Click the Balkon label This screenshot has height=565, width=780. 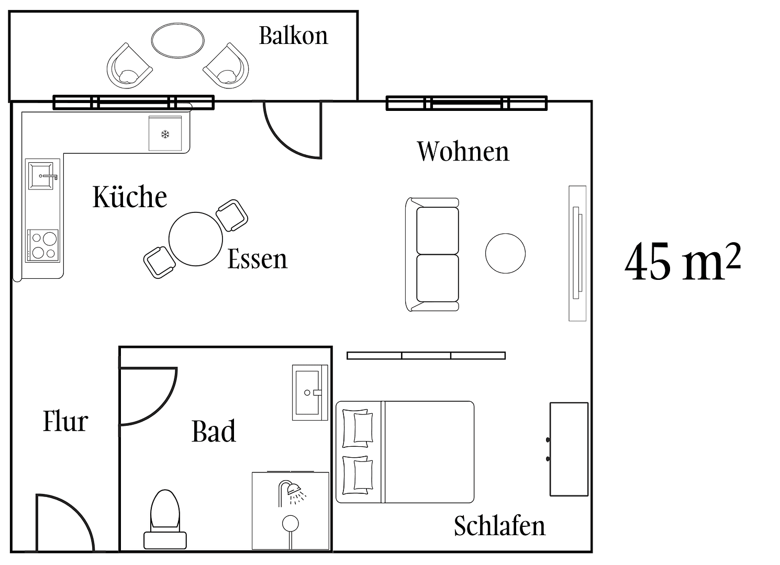tap(293, 36)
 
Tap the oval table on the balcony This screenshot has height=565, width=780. tap(177, 40)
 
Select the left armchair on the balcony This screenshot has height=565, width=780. tap(129, 67)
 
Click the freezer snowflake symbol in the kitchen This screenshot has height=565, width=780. tap(165, 134)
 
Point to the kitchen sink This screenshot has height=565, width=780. tap(42, 176)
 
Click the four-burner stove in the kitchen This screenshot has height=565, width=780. tap(43, 245)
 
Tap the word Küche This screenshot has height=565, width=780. tap(130, 197)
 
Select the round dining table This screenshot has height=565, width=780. tap(196, 239)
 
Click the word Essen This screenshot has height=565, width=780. tap(257, 259)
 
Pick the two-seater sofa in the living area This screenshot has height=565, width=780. tap(432, 254)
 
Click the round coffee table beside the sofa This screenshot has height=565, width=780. tap(505, 254)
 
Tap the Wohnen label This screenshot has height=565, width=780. tap(463, 152)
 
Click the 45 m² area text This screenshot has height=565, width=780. tap(682, 262)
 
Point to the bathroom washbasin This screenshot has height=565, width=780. tap(309, 392)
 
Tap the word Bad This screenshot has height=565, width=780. tap(214, 432)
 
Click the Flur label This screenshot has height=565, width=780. tap(65, 422)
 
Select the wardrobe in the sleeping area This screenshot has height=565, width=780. tap(569, 449)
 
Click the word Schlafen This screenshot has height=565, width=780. tap(499, 526)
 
